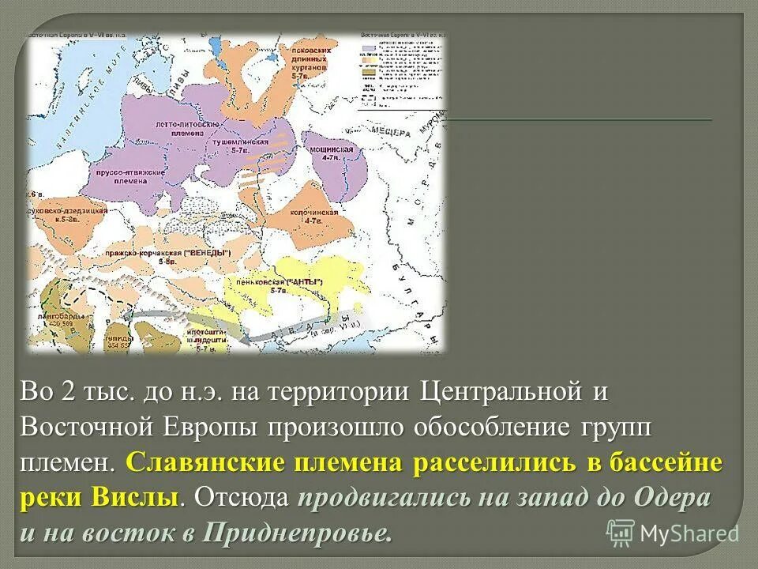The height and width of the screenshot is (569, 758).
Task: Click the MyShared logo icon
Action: click(x=621, y=532)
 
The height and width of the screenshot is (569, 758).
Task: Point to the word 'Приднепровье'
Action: click(x=297, y=533)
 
